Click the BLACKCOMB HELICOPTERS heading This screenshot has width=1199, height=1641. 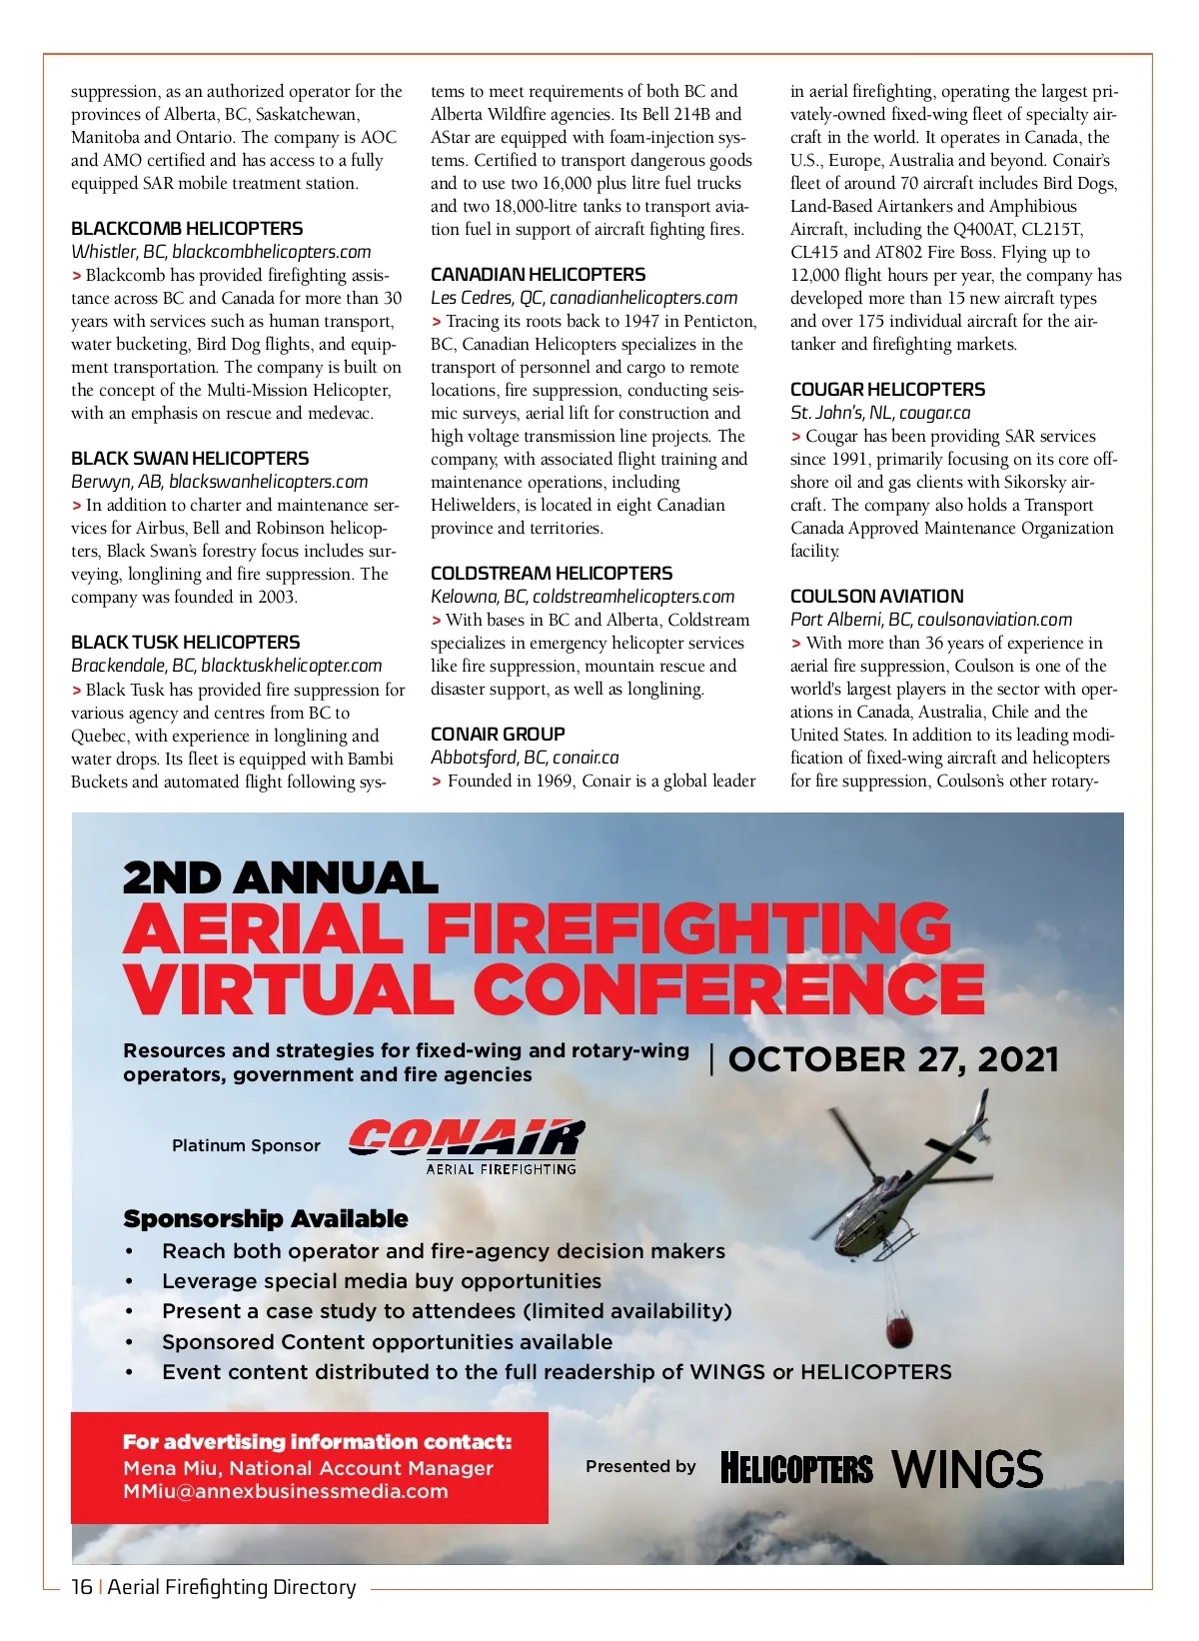pyautogui.click(x=187, y=229)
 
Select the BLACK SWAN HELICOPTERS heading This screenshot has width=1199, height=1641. pyautogui.click(x=190, y=459)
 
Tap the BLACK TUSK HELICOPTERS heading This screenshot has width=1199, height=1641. pyautogui.click(x=185, y=643)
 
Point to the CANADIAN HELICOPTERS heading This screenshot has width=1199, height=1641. pyautogui.click(x=538, y=275)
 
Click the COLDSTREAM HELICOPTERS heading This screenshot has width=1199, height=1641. pyautogui.click(x=552, y=574)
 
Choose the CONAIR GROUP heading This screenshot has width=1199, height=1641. pyautogui.click(x=498, y=735)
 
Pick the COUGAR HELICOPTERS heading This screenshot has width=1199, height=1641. pyautogui.click(x=887, y=390)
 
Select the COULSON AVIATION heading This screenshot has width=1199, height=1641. pyautogui.click(x=876, y=597)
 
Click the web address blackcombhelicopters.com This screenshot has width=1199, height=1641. pyautogui.click(x=271, y=252)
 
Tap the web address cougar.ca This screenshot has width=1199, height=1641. pyautogui.click(x=934, y=413)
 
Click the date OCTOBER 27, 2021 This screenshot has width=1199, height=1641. pyautogui.click(x=893, y=1060)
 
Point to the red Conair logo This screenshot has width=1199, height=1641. pyautogui.click(x=466, y=1139)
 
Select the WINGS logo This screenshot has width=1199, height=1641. pyautogui.click(x=966, y=1469)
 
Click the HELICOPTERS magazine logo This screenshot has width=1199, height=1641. pyautogui.click(x=796, y=1469)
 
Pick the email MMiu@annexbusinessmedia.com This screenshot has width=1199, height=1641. pyautogui.click(x=286, y=1492)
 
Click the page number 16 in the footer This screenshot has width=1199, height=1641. pyautogui.click(x=81, y=1587)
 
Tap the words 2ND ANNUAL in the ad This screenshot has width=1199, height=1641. pyautogui.click(x=281, y=878)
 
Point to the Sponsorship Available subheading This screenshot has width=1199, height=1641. pyautogui.click(x=266, y=1219)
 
